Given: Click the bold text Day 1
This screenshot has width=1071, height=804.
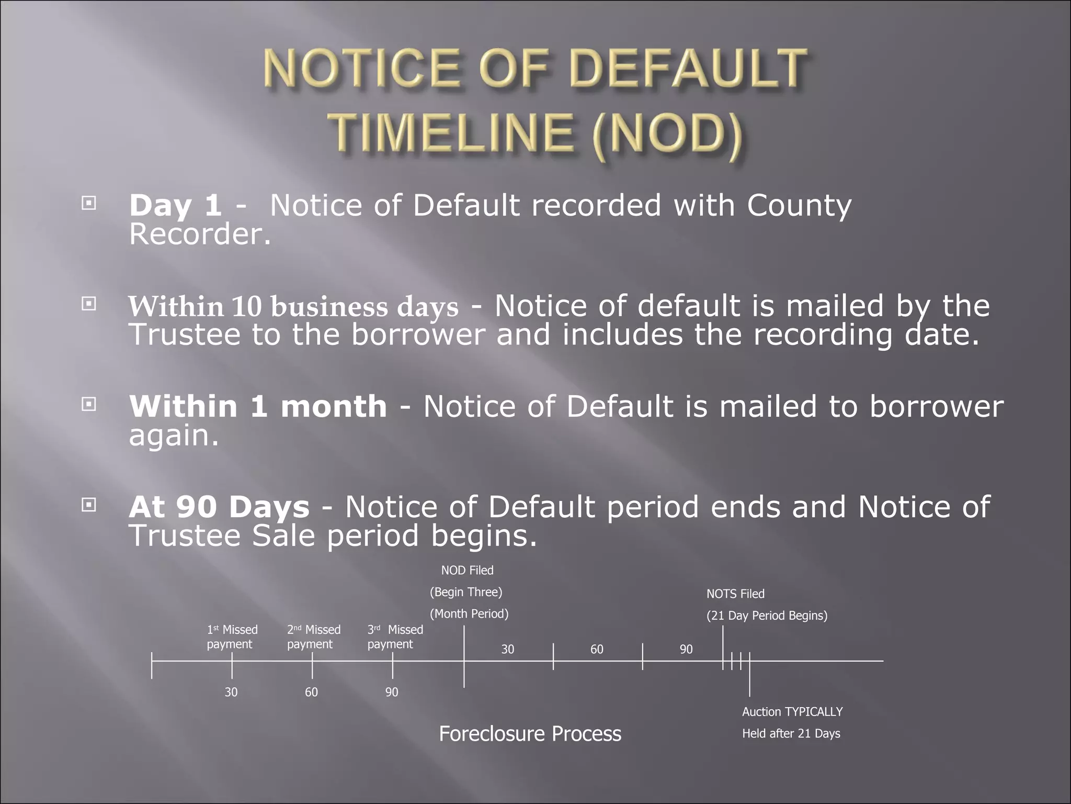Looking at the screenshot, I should pos(175,205).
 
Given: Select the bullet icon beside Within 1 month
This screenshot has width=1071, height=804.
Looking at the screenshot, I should pos(89,404).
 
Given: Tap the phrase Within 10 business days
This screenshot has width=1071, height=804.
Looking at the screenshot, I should pos(293,307).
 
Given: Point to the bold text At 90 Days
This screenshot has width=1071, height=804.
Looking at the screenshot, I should pos(219,507).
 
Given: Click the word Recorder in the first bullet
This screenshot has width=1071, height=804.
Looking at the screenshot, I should pos(200,234).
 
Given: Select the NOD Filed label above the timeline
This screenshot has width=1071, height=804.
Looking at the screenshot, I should pos(467,570).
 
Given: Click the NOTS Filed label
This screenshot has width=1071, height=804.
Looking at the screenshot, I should pos(735,594).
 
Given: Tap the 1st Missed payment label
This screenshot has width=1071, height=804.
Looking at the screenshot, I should pos(232,637).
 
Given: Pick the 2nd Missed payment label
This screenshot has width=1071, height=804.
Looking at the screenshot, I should pos(313,637).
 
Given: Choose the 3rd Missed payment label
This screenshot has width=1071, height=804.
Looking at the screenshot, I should pos(394,637).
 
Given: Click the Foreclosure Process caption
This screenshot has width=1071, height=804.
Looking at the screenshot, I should pos(530,733).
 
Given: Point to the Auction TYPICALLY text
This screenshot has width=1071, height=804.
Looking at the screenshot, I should pos(792,712).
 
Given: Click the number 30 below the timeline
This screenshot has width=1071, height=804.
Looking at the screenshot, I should pos(231,692).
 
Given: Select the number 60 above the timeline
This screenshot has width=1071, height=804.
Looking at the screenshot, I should pos(597,650).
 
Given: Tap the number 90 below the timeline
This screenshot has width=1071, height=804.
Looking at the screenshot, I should pos(392,692).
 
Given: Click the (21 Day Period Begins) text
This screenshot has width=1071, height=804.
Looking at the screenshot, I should pos(767,616).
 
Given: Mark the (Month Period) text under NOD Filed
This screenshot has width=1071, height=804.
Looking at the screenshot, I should pos(469,613).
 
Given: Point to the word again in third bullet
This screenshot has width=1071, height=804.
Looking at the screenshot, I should pos(173,435).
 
